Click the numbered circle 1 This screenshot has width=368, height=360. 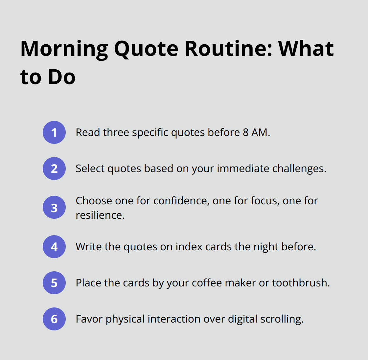(x=54, y=132)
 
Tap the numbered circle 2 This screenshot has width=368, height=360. (x=54, y=169)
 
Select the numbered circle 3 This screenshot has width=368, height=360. (x=54, y=208)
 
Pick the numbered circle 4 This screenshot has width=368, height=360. (x=54, y=247)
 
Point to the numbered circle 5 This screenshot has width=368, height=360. (x=54, y=283)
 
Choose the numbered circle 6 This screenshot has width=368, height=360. (x=54, y=319)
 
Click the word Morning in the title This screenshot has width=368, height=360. (x=64, y=49)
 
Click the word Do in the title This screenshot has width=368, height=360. (x=62, y=77)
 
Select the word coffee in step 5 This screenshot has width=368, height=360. (x=207, y=283)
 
